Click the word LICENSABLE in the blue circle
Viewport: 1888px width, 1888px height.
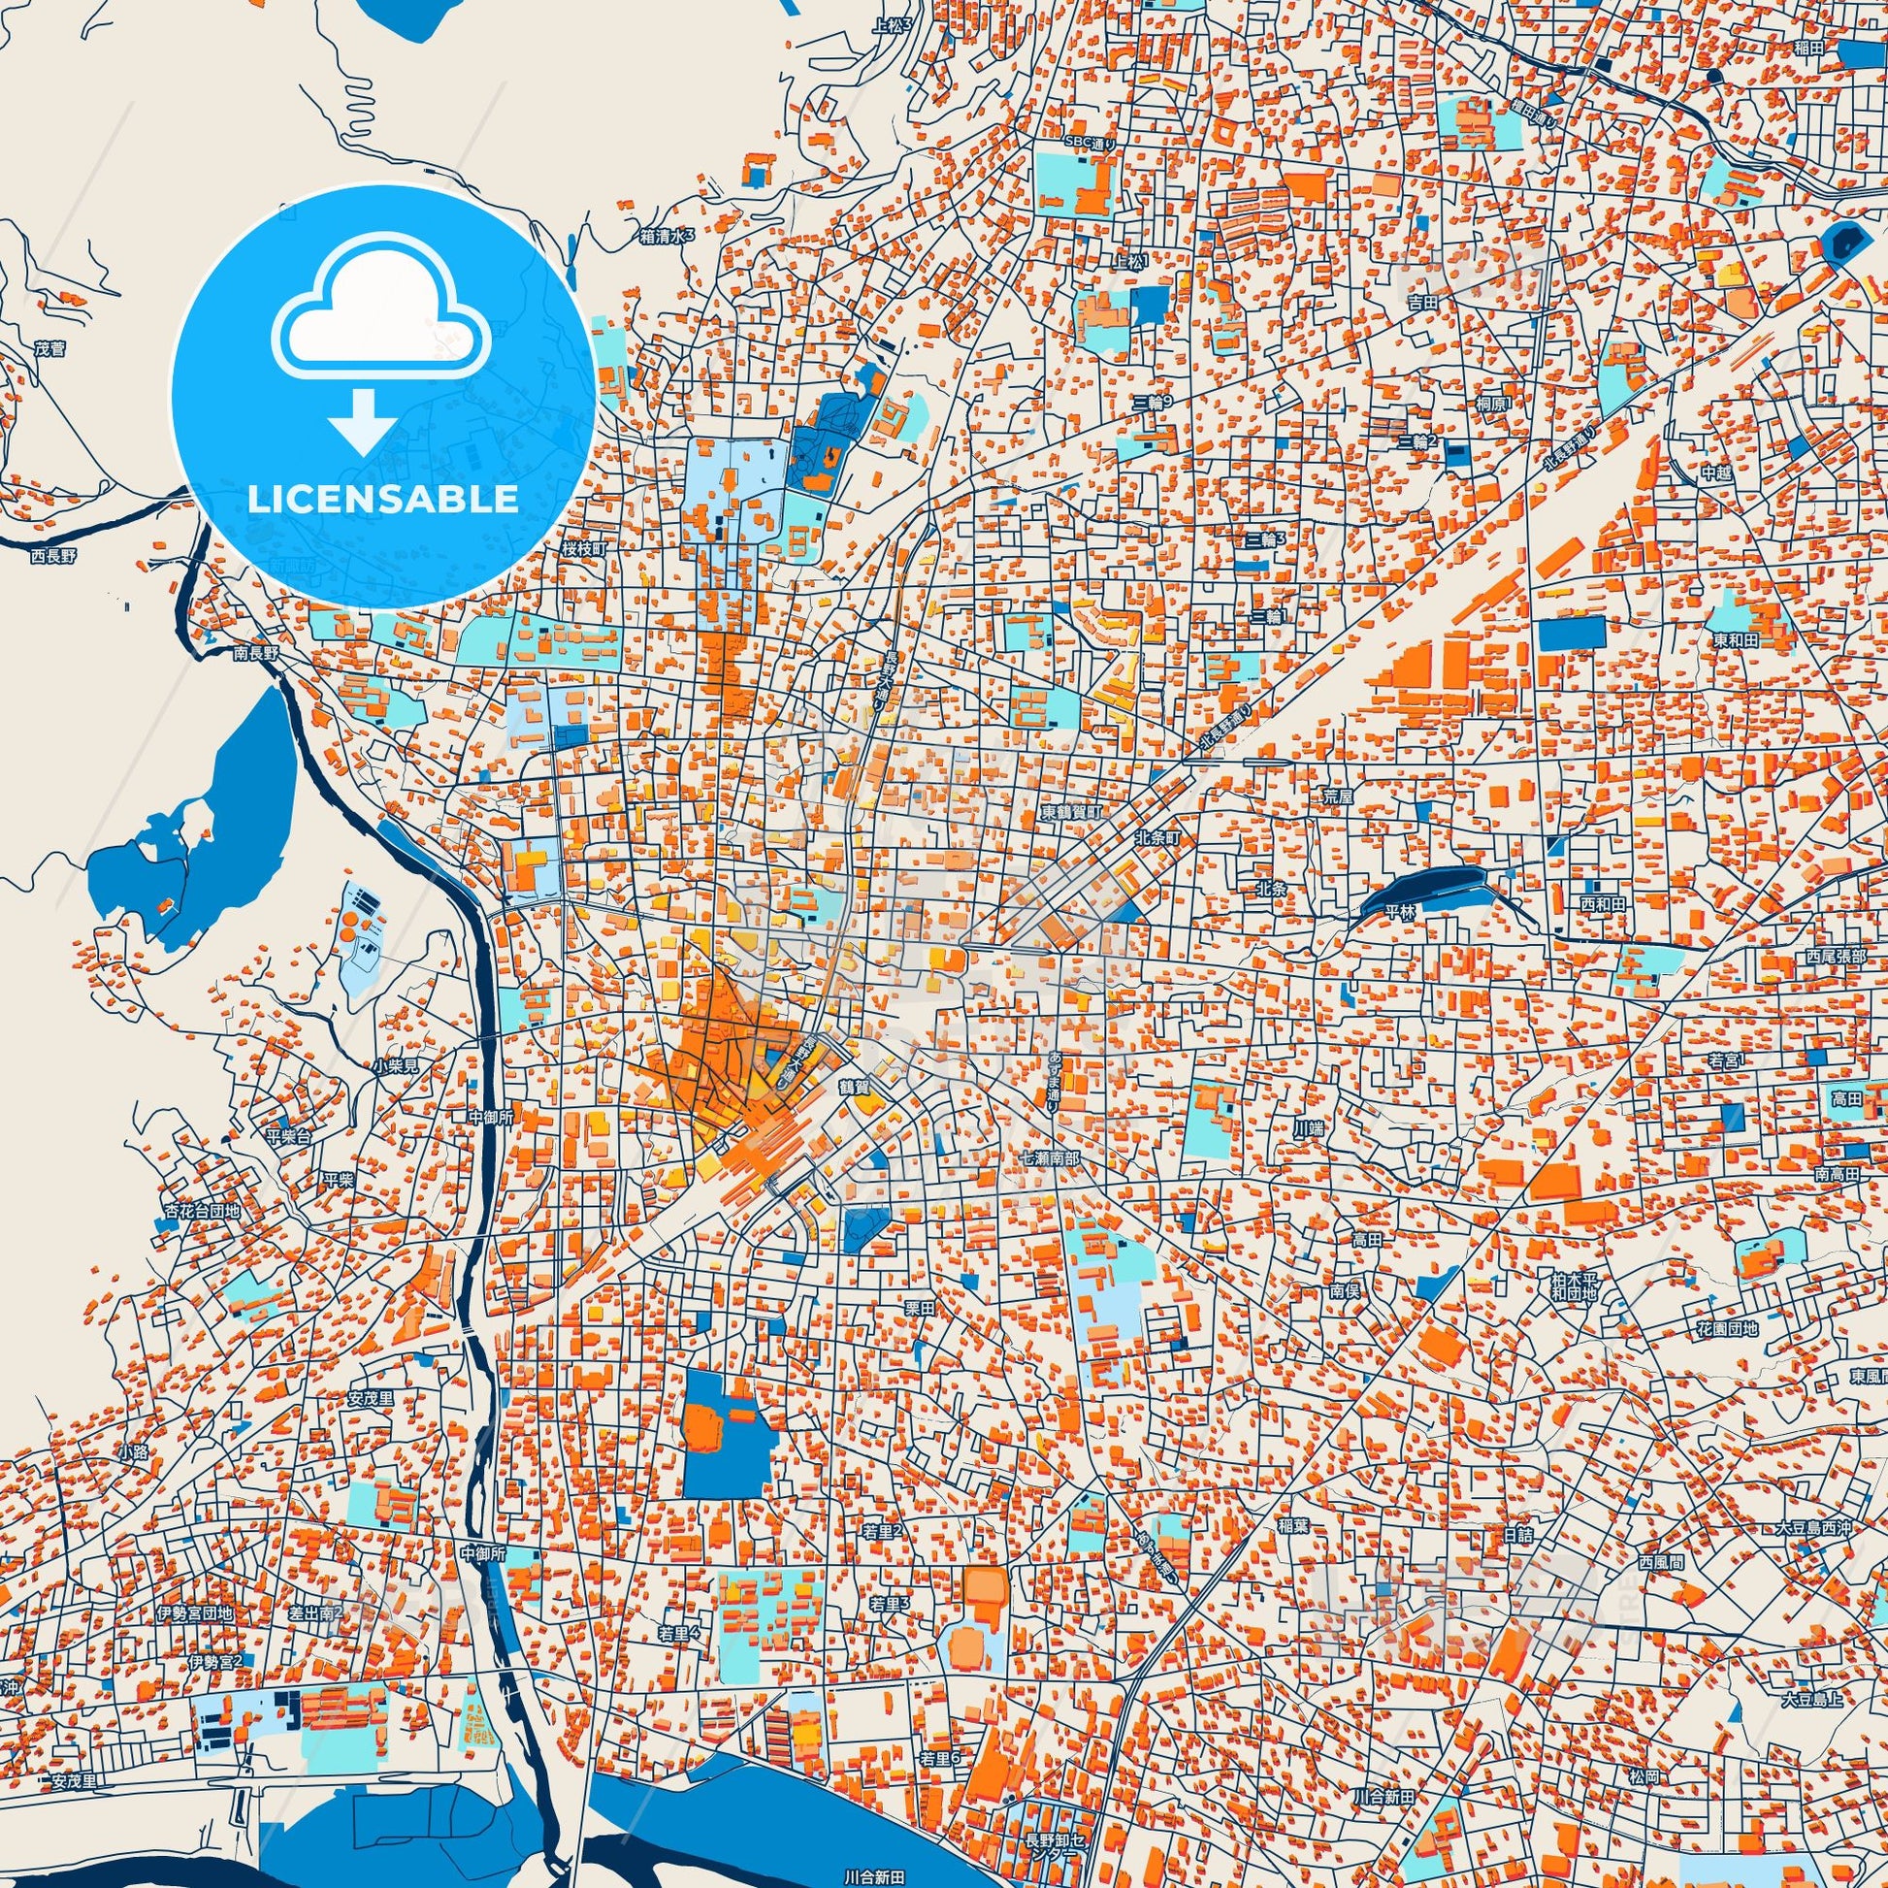click(382, 499)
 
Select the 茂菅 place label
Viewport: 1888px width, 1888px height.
click(49, 347)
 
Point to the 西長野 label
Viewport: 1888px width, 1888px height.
click(52, 555)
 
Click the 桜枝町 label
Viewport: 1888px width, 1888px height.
click(584, 549)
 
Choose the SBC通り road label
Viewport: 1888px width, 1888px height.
click(1090, 144)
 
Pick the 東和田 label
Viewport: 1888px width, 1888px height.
click(1735, 640)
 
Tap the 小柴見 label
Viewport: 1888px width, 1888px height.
click(395, 1066)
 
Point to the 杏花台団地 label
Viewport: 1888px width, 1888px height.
click(201, 1211)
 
